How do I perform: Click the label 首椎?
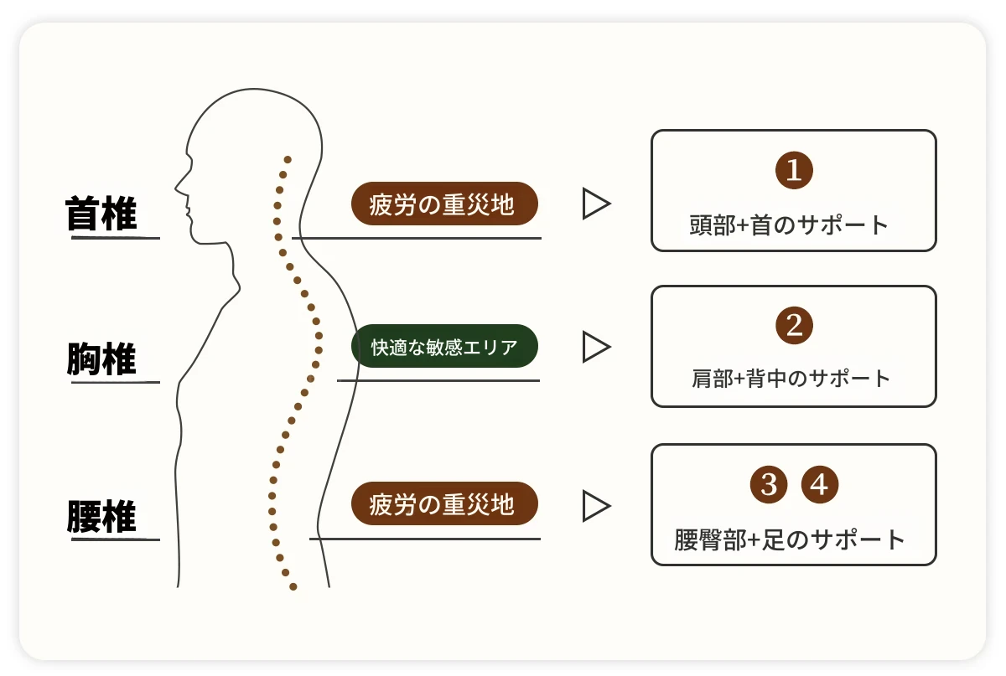(101, 215)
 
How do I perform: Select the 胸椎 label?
(101, 361)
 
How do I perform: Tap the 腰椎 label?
(101, 517)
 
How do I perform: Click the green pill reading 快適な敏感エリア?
(444, 346)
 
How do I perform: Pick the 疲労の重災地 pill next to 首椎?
(443, 204)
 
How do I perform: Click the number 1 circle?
(794, 171)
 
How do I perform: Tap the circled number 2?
(794, 325)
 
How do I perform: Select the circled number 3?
(768, 484)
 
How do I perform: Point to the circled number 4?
(820, 484)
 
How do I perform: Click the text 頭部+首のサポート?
(789, 225)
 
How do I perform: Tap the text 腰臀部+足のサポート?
(790, 539)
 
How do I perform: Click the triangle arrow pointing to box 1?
(595, 204)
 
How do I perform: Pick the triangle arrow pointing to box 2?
(595, 346)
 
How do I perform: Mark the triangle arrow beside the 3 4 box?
(595, 505)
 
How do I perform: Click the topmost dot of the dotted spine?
(288, 158)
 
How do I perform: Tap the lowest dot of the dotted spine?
(293, 586)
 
